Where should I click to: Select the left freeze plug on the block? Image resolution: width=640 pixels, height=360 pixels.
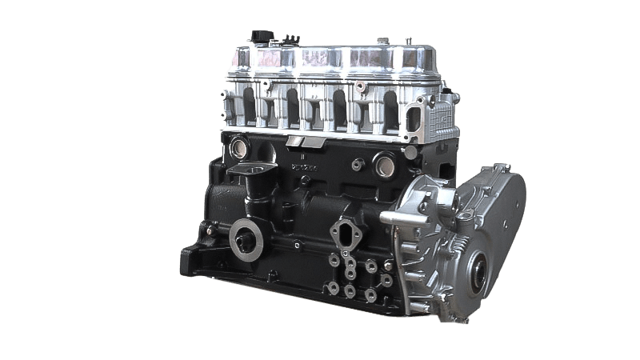[x=239, y=147]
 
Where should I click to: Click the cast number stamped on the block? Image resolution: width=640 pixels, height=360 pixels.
[x=304, y=167]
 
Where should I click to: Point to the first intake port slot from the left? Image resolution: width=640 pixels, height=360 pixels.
[x=247, y=109]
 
